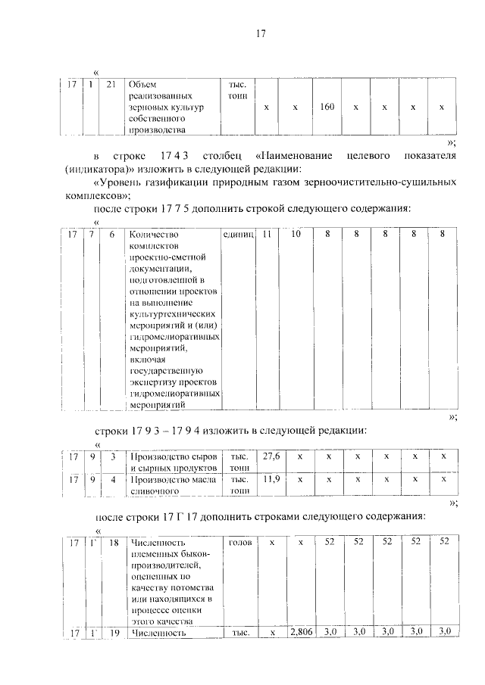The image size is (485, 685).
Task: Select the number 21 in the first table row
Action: click(111, 83)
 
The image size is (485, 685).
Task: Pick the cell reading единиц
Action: click(239, 235)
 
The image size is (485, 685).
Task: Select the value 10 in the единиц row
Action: click(296, 235)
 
